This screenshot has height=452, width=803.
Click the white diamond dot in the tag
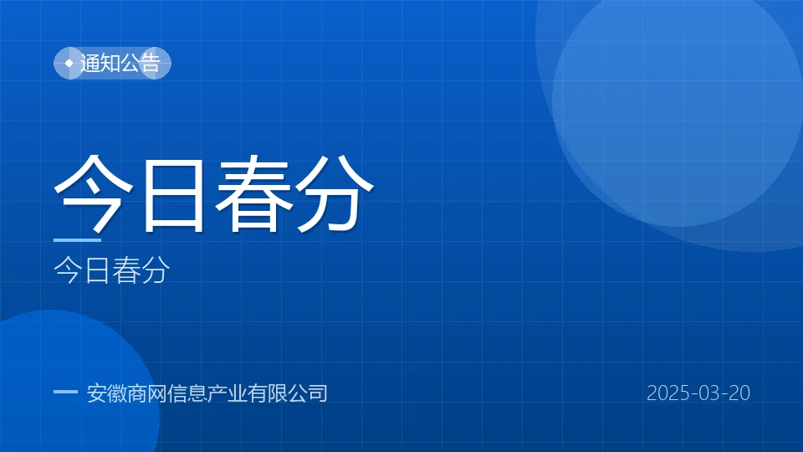click(x=69, y=63)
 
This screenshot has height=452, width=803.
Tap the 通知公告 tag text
click(x=120, y=63)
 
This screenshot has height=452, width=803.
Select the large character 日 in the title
click(x=174, y=195)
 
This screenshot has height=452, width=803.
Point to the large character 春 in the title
click(x=254, y=193)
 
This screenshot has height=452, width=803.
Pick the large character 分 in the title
click(x=335, y=193)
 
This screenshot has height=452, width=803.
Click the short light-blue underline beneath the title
click(x=77, y=240)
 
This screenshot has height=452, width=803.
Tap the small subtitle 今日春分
click(x=111, y=270)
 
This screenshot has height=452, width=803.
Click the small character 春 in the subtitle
click(x=126, y=270)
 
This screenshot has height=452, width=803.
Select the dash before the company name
click(x=65, y=392)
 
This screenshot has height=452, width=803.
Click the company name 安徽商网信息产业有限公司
click(x=207, y=393)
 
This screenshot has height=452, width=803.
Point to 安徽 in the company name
click(x=107, y=393)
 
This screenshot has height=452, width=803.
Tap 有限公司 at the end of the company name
click(x=287, y=393)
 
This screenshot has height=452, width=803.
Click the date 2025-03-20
click(x=698, y=393)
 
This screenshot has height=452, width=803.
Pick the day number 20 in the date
click(x=739, y=393)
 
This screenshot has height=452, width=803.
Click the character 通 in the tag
click(x=90, y=63)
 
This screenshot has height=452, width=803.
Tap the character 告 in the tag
click(x=151, y=63)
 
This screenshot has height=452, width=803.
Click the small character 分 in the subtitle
click(x=156, y=270)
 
